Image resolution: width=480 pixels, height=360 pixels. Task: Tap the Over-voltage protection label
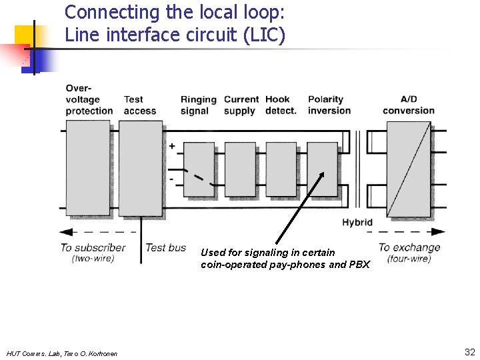[x=89, y=99]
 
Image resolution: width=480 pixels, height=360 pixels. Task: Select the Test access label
[x=139, y=105]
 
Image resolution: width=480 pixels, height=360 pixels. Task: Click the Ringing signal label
[x=199, y=105]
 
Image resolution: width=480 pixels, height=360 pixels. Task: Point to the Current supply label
[x=241, y=105]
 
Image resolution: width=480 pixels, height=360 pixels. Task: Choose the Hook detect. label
[x=281, y=105]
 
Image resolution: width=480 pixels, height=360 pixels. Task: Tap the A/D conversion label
[x=408, y=105]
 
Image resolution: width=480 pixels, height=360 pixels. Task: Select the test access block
[x=140, y=168]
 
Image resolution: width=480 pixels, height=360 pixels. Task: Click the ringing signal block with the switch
[x=199, y=170]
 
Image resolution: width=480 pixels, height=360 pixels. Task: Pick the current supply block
[x=240, y=170]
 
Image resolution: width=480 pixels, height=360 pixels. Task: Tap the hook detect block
[x=281, y=170]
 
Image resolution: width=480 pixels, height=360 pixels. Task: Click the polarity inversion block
[x=323, y=170]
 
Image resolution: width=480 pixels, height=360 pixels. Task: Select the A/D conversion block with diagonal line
[x=408, y=169]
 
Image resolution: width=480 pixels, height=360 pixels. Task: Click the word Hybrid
[x=357, y=222]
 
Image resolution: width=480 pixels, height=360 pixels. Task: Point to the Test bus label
[x=166, y=247]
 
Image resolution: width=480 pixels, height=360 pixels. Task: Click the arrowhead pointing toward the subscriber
[x=65, y=232]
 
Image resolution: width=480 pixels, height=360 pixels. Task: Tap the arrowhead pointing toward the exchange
[x=439, y=232]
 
